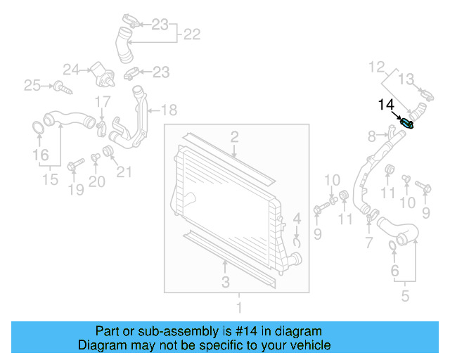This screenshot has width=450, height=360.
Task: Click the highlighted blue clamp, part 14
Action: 406,124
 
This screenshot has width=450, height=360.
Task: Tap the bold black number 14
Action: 386,105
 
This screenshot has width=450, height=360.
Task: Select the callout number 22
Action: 192,34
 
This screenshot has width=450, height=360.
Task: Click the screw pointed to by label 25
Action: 63,88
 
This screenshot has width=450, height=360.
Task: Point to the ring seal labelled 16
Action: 38,128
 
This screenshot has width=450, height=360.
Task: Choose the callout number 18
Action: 169,110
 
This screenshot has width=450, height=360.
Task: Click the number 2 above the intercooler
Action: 234,137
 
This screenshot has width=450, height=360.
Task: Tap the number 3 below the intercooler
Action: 226,282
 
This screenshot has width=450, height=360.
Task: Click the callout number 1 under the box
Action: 239,307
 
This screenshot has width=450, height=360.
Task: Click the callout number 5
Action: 405,296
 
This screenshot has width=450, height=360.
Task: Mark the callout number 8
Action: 372,136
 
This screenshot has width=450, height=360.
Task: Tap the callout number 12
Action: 377,67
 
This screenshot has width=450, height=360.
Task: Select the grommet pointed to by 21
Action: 108,151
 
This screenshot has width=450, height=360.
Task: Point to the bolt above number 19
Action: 75,164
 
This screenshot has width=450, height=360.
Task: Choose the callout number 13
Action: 406,79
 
